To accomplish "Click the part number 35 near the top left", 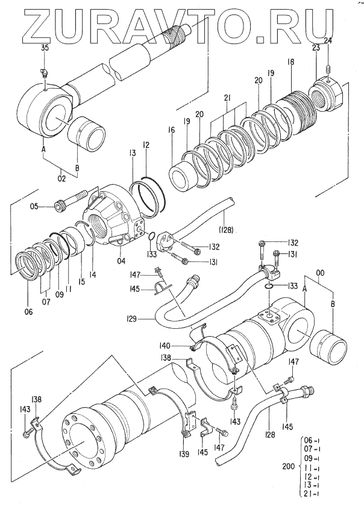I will pos(44,47).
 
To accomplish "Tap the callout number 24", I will pos(328,40).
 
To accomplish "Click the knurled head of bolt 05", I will pos(61,207).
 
